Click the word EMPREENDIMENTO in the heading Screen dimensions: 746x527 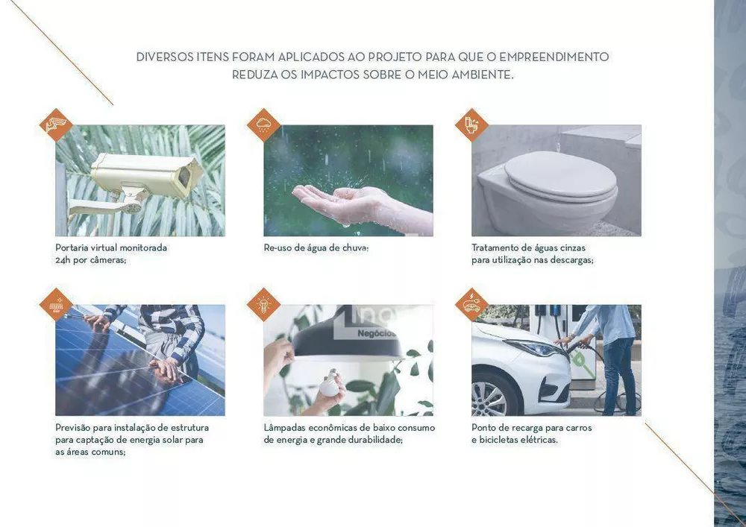click(x=554, y=57)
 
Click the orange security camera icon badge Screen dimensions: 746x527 click(x=56, y=125)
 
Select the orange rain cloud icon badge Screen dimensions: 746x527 click(x=263, y=125)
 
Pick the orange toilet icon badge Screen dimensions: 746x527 click(x=471, y=125)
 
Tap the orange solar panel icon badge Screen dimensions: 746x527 click(x=56, y=305)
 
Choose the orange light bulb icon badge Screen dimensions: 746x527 click(x=263, y=305)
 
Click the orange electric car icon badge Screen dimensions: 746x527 click(x=471, y=305)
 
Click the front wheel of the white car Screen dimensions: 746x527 click(x=489, y=397)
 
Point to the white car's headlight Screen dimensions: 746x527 click(x=535, y=348)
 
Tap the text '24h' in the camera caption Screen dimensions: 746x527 click(x=63, y=260)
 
